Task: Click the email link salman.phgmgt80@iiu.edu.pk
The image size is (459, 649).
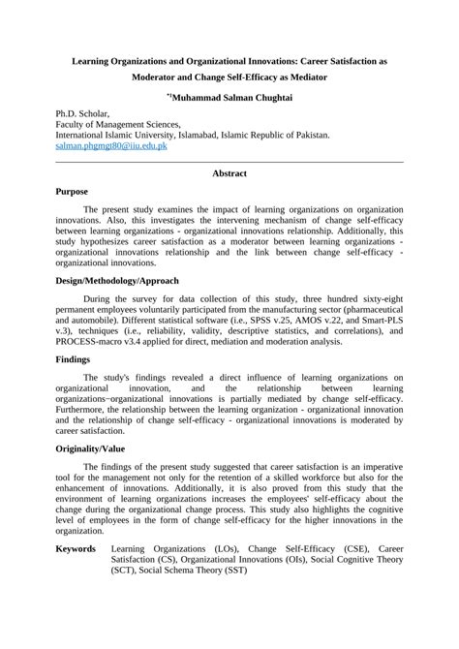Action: [x=112, y=146]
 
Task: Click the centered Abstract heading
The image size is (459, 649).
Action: [x=229, y=173]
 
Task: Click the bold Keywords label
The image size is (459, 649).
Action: [x=76, y=548]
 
